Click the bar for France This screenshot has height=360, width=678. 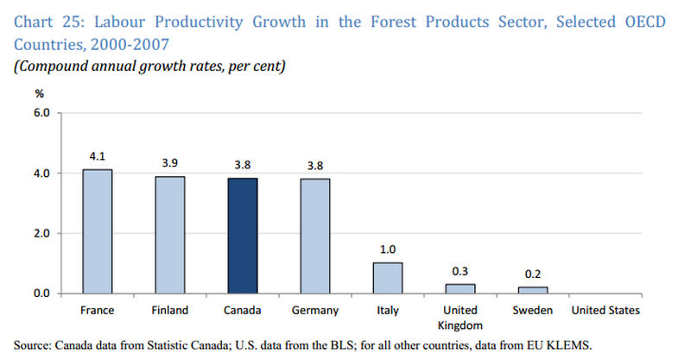(x=98, y=231)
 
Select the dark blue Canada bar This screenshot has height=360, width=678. (x=243, y=236)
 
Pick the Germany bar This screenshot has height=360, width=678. (x=315, y=236)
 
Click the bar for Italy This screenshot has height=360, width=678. (x=388, y=278)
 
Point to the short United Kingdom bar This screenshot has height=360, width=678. (x=460, y=288)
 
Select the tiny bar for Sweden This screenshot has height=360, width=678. (x=533, y=290)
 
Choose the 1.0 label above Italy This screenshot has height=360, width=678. (x=388, y=250)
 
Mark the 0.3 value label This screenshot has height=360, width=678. (x=460, y=272)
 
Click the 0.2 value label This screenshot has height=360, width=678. (x=533, y=275)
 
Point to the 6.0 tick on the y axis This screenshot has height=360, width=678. (x=42, y=113)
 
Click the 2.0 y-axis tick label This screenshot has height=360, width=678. (x=42, y=233)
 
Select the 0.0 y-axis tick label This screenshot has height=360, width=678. (x=42, y=294)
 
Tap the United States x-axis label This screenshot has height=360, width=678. (x=605, y=310)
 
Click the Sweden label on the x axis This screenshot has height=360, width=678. (x=533, y=310)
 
